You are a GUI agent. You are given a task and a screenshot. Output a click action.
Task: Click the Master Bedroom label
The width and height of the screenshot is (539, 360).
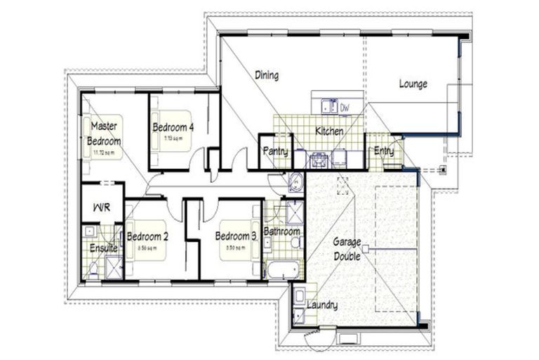point(104,133)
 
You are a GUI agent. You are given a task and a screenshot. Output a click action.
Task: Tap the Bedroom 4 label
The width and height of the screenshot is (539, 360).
point(173,127)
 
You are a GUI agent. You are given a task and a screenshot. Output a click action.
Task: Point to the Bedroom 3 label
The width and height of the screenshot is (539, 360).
point(235,236)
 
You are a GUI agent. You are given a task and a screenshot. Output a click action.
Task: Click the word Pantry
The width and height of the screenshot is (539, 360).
point(275,151)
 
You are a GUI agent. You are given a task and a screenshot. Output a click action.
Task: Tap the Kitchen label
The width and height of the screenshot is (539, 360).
point(328,131)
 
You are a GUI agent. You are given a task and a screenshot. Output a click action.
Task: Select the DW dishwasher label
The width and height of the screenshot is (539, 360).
point(345,108)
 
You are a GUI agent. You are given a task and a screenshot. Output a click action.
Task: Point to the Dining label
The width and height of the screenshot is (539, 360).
point(267,75)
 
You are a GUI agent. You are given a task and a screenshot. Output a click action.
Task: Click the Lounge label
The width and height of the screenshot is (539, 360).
point(413,84)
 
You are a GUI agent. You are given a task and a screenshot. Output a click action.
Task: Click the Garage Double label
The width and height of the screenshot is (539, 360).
point(347,247)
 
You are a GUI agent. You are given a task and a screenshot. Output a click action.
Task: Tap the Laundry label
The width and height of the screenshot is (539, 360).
point(321,305)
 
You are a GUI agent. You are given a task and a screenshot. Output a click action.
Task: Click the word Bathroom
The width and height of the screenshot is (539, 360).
point(281,231)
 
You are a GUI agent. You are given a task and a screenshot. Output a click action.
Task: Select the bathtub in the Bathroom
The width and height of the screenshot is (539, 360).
point(282,269)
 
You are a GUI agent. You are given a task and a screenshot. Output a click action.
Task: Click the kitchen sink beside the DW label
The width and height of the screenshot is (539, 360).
point(326,107)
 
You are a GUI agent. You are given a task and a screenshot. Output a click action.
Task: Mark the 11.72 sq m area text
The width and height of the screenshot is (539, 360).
point(103,150)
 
